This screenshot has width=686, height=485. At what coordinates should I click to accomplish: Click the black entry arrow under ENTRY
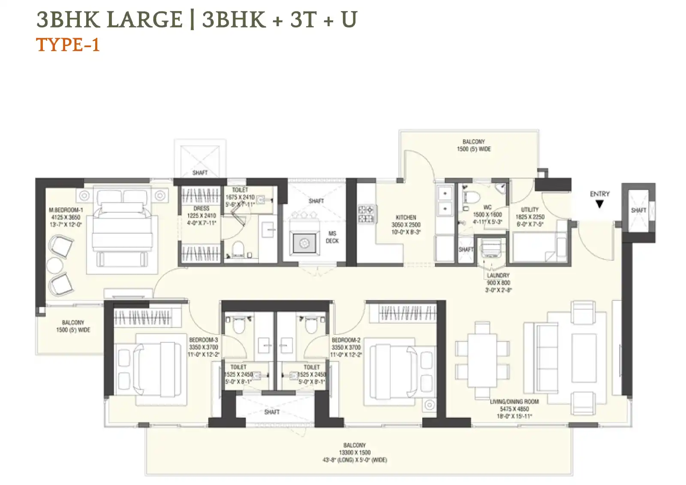(599, 205)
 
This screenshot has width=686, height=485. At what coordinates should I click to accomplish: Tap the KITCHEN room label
(406, 217)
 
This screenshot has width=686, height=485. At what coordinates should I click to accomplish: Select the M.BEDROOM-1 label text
(66, 210)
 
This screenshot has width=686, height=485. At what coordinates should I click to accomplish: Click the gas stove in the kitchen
(366, 214)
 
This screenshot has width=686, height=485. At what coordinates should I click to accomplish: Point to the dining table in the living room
(482, 360)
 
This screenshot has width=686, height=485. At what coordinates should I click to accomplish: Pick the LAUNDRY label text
(498, 275)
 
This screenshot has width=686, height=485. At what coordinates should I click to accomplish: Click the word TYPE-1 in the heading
(68, 45)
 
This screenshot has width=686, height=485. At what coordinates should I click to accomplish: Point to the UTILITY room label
(530, 210)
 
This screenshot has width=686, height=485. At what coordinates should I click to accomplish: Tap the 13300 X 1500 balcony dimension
(354, 452)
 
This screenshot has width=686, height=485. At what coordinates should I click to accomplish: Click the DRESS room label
(201, 208)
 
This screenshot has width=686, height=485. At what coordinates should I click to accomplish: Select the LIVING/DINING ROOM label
(514, 402)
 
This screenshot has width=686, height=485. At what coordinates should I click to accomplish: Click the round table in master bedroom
(55, 265)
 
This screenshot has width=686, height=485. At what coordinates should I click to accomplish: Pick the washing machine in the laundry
(491, 248)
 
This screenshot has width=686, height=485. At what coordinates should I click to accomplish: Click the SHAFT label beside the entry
(638, 210)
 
